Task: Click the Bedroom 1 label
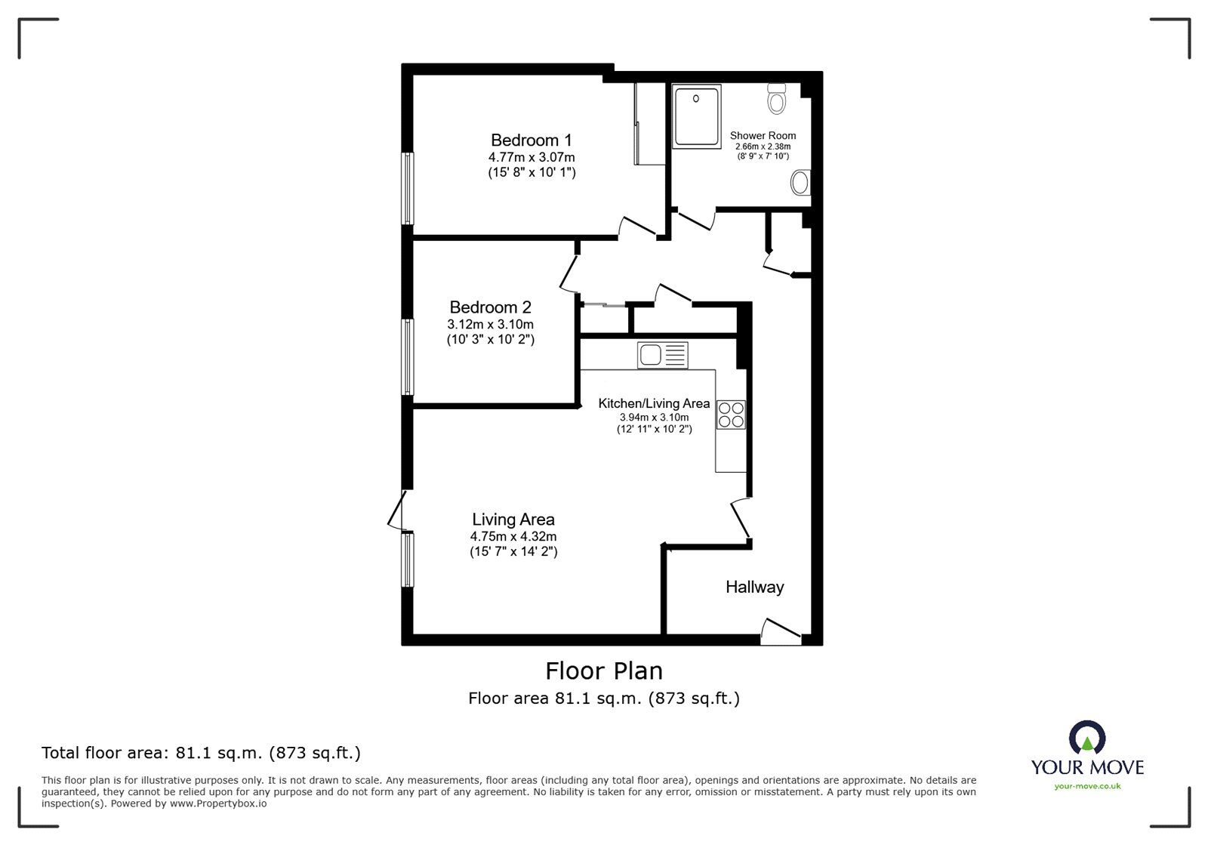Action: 532,140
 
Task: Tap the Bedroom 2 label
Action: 490,307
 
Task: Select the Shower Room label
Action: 763,136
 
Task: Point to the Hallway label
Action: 754,587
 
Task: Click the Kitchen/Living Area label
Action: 654,403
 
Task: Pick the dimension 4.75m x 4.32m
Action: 513,537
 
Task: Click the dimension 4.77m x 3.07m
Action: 532,158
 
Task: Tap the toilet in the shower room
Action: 777,99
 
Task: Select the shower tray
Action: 696,116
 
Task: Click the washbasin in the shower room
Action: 800,183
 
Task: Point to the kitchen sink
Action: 662,356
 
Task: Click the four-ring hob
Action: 731,415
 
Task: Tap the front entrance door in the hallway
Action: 781,632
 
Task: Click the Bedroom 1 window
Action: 408,188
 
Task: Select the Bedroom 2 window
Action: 408,357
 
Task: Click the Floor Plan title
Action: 604,671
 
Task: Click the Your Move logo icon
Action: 1087,737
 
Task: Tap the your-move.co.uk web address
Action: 1087,786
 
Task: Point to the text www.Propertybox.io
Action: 218,803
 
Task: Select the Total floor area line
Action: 201,753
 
